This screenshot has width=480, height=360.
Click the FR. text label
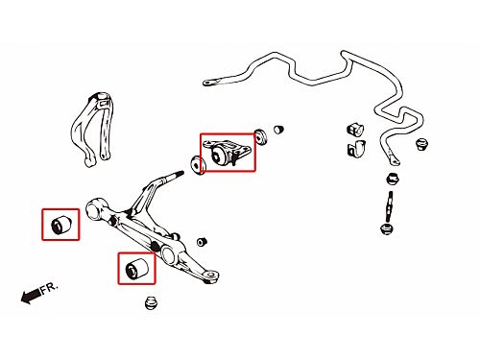tap(50, 287)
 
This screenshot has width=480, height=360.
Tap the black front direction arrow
tap(31, 296)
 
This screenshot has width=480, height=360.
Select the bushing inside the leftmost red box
tap(60, 224)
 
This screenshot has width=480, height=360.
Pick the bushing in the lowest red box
tap(136, 268)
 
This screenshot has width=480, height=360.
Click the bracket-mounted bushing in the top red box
tap(228, 152)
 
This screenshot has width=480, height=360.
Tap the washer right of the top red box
tap(261, 136)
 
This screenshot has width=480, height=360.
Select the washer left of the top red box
tap(198, 164)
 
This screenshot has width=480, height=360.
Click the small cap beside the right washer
tap(278, 129)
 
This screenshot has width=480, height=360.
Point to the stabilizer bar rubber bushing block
tap(355, 129)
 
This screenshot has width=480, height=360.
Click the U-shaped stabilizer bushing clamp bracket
tap(356, 149)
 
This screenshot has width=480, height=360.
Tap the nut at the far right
tap(422, 144)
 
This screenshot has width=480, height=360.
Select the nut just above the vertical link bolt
tap(393, 179)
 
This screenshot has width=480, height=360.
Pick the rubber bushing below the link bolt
tap(387, 228)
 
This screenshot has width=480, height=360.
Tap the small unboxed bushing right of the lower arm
tap(202, 242)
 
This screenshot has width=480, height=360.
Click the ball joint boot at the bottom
tap(151, 303)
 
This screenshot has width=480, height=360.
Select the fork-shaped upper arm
tap(93, 129)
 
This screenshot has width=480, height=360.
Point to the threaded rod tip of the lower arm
tap(175, 175)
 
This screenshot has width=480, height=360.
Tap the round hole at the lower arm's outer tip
tap(211, 275)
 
